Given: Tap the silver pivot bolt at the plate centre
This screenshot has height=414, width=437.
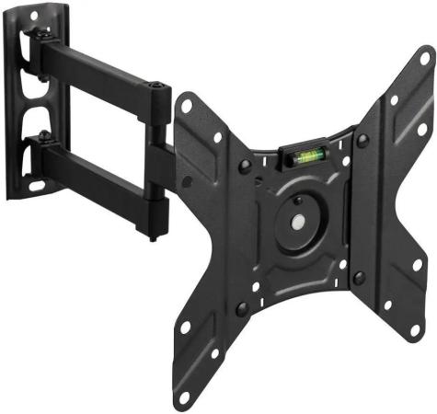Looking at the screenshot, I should pos(300,222).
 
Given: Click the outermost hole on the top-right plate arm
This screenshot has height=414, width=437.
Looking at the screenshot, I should pos(423,59).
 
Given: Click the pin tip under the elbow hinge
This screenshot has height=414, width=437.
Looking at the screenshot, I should pos(152,237).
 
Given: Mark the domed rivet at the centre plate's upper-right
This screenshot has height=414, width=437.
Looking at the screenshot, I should pos(362,140).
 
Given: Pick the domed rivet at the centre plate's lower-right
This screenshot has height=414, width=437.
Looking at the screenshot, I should pos(359,277).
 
